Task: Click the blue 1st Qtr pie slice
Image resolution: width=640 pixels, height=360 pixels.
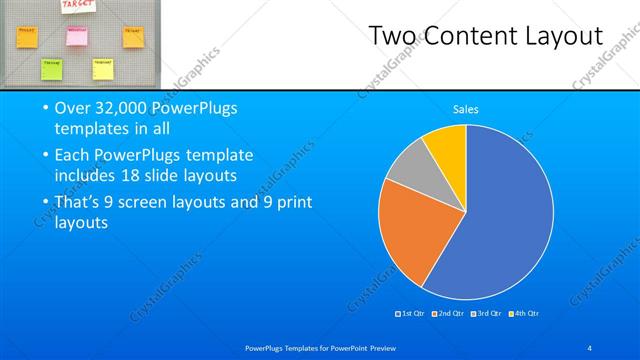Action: click(x=500, y=220)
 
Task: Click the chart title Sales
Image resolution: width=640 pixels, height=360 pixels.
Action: click(x=465, y=109)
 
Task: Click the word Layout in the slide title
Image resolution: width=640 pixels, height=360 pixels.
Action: click(x=567, y=36)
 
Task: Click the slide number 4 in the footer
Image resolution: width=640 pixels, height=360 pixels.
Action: click(x=590, y=347)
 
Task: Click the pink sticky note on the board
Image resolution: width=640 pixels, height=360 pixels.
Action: click(x=77, y=35)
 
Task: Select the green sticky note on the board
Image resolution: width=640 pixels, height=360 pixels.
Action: click(x=50, y=67)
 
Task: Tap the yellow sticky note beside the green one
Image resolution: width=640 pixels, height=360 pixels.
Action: click(x=103, y=67)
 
